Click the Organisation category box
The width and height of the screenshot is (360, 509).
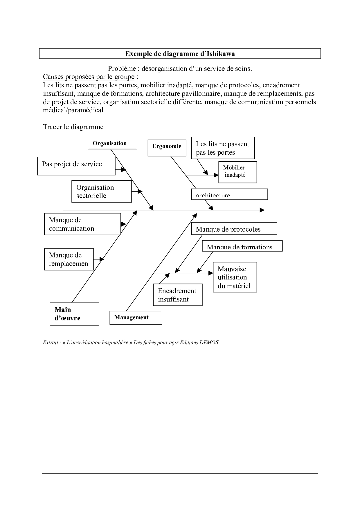tap(112, 143)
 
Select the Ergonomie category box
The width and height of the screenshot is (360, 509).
tap(167, 148)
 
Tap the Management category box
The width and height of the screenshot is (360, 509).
tap(136, 317)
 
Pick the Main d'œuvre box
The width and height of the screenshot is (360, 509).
tap(74, 314)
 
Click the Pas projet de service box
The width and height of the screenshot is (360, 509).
tap(76, 166)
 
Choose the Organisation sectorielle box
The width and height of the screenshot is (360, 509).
tap(101, 192)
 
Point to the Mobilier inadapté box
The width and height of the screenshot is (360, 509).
tap(237, 172)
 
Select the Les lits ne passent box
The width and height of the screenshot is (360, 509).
tap(223, 148)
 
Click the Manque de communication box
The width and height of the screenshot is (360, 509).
tap(82, 224)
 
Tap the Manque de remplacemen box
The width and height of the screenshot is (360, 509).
tap(69, 259)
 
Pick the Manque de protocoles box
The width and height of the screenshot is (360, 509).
tap(234, 229)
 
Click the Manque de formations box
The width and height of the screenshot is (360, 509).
tap(242, 246)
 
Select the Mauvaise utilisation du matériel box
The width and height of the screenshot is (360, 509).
tap(235, 277)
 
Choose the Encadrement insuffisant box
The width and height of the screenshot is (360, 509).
tap(178, 295)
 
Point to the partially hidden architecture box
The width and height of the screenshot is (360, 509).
tap(229, 194)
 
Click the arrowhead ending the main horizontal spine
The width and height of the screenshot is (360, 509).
tap(262, 210)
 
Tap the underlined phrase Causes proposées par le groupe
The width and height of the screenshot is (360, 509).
tap(89, 77)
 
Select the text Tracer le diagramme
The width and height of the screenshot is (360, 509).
tap(73, 127)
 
